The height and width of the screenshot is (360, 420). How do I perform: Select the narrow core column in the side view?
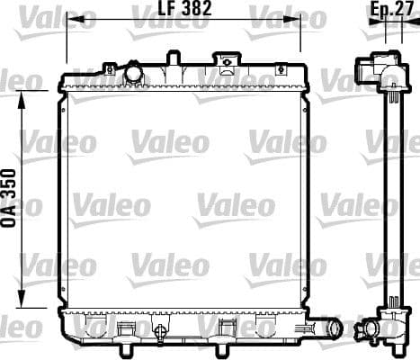click(393, 198)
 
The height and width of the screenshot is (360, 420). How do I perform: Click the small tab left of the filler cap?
click(109, 68)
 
